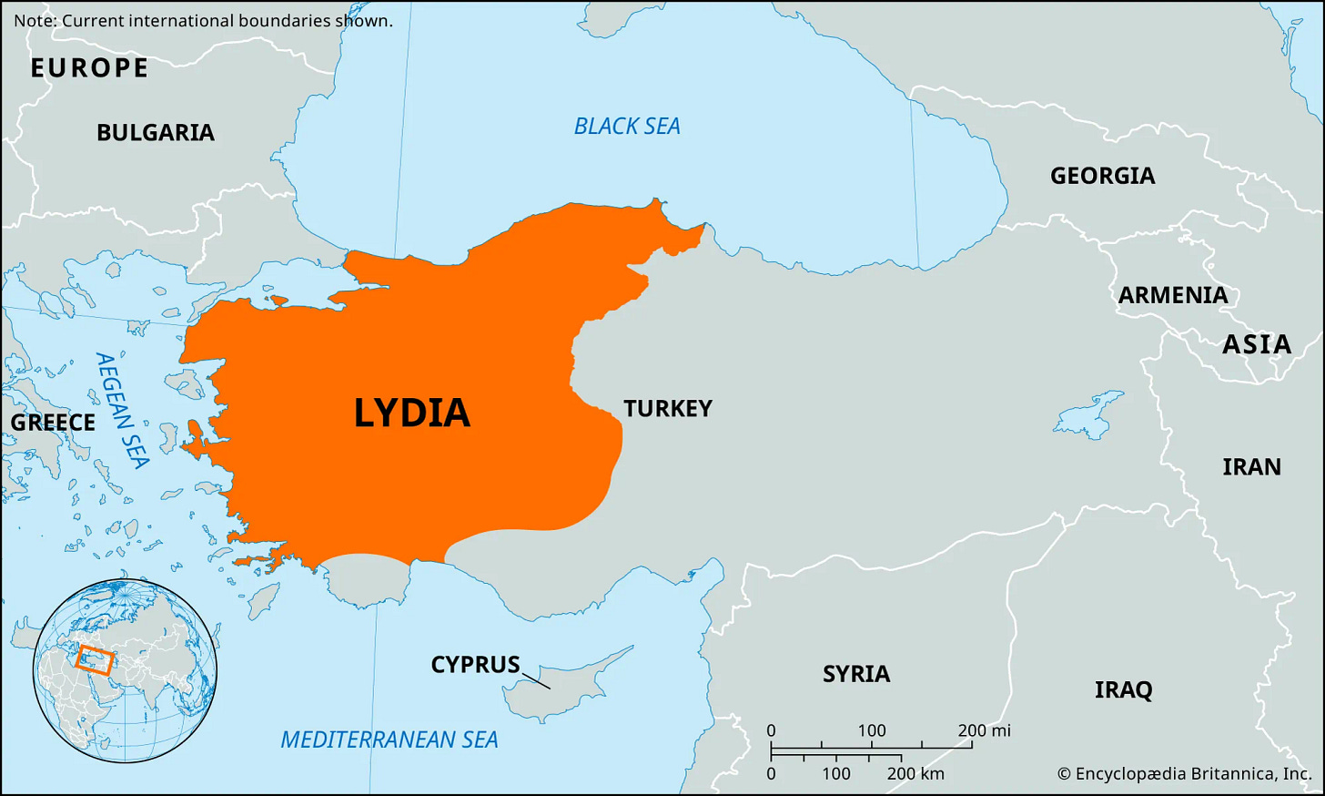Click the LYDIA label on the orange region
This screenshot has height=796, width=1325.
(x=411, y=413)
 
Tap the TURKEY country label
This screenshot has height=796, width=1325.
(x=668, y=409)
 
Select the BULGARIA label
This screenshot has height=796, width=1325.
(x=156, y=133)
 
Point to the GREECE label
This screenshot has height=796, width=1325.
(x=53, y=423)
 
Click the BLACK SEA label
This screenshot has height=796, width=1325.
(x=627, y=127)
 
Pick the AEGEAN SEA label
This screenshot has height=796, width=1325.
(x=122, y=410)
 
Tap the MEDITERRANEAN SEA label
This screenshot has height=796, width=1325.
(x=389, y=740)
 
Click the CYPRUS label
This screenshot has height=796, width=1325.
(x=475, y=665)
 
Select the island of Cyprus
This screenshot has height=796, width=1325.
(x=564, y=683)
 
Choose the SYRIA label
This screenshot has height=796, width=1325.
(x=856, y=674)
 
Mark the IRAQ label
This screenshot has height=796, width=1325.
(x=1123, y=689)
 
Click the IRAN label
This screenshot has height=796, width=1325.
(x=1251, y=467)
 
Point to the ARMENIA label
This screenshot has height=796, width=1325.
(x=1173, y=295)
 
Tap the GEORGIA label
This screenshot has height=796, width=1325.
(x=1102, y=176)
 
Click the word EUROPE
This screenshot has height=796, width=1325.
(x=89, y=68)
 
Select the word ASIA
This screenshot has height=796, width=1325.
(x=1257, y=344)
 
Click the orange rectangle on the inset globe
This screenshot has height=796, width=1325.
(x=95, y=658)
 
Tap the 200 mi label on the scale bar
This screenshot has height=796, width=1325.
(x=984, y=730)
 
